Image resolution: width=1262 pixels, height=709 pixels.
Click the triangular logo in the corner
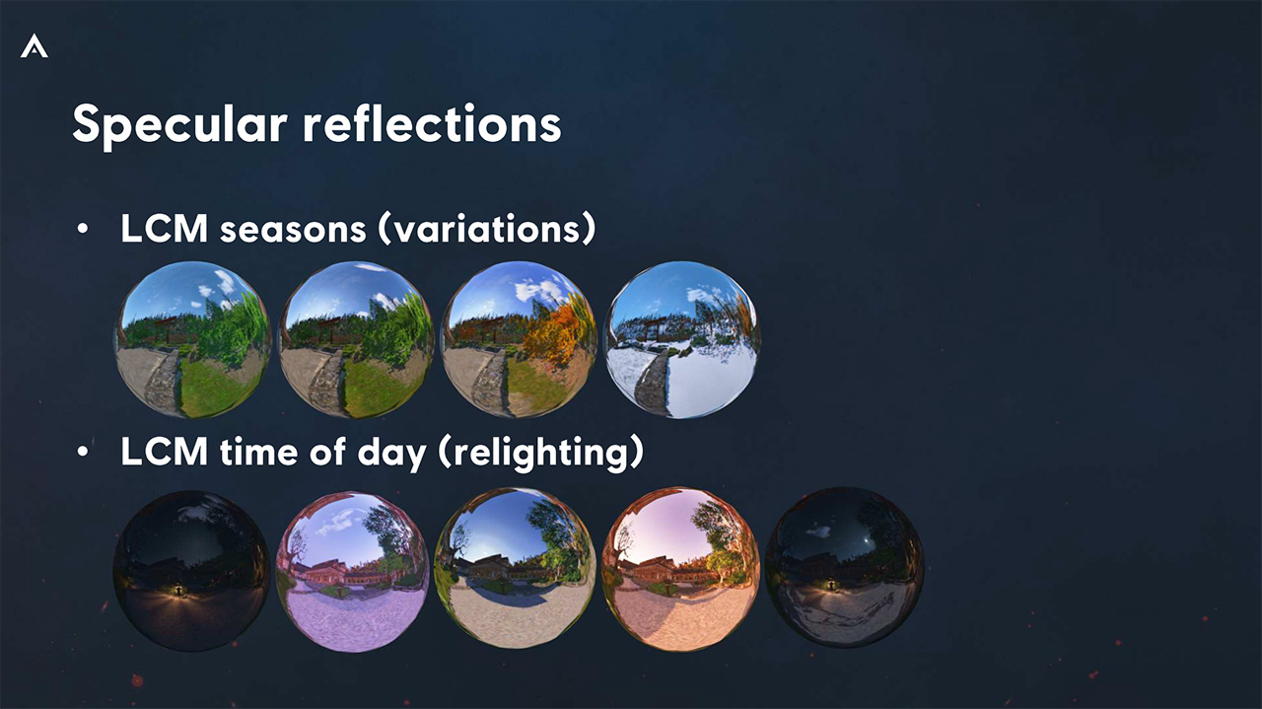pos(35,46)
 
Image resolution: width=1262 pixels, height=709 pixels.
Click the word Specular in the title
pos(180,125)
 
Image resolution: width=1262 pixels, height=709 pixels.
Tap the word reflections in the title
pos(432,123)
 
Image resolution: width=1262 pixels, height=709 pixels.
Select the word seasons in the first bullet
pos(293,230)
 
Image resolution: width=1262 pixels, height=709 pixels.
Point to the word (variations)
pos(486,229)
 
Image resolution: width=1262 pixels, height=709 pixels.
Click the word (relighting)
pos(540,452)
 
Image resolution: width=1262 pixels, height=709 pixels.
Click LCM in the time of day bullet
pos(164,452)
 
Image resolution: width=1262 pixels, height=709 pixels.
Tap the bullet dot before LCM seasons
pos(83,230)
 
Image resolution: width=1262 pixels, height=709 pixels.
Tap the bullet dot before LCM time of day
pos(83,452)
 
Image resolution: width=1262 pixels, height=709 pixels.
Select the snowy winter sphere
pos(681,339)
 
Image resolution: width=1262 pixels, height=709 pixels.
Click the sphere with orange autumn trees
pos(519,339)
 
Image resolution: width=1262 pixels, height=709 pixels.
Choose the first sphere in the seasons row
pos(192,339)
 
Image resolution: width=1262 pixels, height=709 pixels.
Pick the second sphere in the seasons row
pos(356,339)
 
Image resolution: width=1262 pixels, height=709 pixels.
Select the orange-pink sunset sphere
pos(680,569)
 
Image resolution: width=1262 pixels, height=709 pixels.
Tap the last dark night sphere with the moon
pos(844,568)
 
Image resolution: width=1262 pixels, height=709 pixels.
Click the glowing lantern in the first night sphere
pos(178,590)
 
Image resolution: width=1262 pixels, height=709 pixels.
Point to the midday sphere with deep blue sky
pos(516,568)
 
